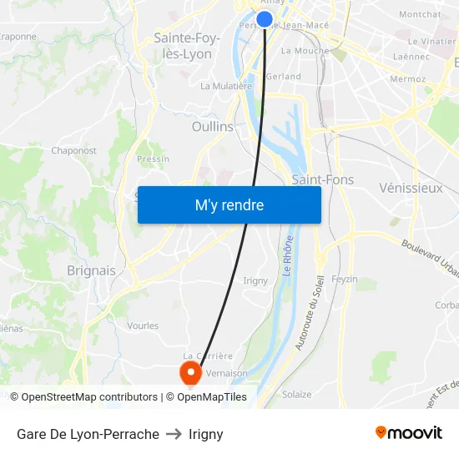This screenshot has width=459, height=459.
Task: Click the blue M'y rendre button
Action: (x=229, y=204)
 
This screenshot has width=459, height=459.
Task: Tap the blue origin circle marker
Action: (x=265, y=19)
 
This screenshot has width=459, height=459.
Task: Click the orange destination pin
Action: (x=191, y=371)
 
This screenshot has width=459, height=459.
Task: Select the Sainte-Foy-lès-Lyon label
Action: (x=187, y=46)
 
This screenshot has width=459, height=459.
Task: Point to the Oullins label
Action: (x=213, y=126)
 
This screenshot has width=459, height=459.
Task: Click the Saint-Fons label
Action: (x=323, y=179)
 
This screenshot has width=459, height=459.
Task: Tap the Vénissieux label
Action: (x=411, y=188)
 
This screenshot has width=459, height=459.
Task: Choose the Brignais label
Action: (x=91, y=270)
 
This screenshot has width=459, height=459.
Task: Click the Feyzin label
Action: (x=344, y=279)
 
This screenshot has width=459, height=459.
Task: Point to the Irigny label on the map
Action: (x=255, y=280)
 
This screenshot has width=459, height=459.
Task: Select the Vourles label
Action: (x=143, y=325)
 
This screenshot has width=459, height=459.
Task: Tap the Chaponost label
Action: (x=74, y=151)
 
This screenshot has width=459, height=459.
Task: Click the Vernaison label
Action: (x=226, y=374)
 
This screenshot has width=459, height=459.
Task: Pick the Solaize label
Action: (x=296, y=395)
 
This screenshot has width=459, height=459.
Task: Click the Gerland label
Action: (x=283, y=76)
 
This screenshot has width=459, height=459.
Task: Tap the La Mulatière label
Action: (x=226, y=86)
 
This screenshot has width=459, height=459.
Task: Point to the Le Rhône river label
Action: (x=288, y=273)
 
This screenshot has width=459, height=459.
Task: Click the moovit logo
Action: (x=409, y=433)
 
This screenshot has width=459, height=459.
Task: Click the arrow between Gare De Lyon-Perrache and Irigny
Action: (x=174, y=434)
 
